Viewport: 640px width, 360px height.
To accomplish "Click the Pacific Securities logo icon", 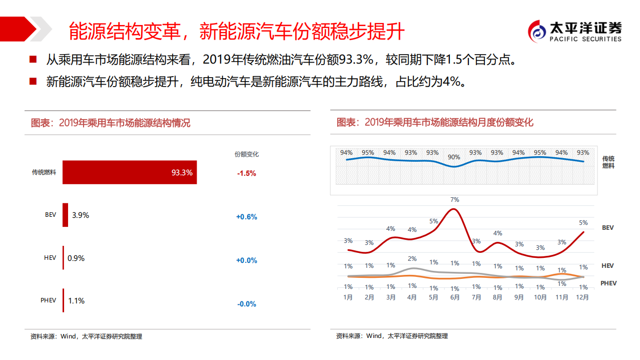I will (538, 31).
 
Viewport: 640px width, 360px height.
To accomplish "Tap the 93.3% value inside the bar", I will (182, 173).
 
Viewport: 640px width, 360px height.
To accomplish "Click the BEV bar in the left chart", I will (65, 215).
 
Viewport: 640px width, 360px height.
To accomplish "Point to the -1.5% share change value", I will (246, 173).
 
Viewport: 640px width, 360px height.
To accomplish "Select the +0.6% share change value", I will (246, 217).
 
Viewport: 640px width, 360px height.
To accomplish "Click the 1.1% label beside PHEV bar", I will (76, 301).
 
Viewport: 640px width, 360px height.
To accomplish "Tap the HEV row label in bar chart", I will (50, 258).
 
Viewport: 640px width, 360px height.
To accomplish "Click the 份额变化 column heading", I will (246, 154).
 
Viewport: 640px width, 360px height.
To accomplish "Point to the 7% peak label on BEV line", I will (454, 200).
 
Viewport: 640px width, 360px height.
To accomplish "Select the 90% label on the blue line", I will (454, 157).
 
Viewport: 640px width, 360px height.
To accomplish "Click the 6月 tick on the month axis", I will (454, 297).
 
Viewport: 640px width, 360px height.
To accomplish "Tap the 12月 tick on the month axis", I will (583, 297).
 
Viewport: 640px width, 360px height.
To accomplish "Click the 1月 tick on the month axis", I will (348, 297).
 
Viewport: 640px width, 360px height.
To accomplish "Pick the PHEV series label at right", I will (608, 283).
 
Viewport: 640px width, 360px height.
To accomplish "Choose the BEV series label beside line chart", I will (607, 228).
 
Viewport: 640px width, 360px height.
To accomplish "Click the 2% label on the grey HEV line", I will (412, 259).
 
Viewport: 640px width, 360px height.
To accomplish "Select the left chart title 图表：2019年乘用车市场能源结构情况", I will (111, 123).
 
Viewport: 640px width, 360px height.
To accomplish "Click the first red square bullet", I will (33, 60).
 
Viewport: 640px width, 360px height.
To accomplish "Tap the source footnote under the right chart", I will (391, 336).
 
